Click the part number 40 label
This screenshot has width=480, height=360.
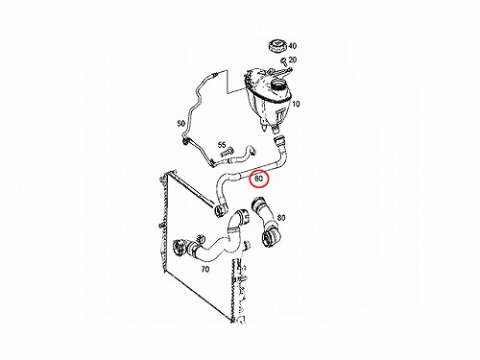point(292,46)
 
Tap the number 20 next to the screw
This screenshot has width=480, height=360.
point(293,60)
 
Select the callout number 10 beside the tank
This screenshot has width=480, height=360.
point(296,104)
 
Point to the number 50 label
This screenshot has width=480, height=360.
point(181,123)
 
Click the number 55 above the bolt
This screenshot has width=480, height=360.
point(222,145)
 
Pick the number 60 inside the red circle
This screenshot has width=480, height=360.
point(258,179)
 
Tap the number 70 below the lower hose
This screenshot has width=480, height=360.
point(205,269)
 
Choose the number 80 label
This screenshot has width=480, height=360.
point(281,218)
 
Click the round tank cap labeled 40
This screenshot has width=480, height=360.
point(277,45)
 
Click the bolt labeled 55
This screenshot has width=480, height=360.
point(228,154)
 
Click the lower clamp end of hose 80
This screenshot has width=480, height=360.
point(270,239)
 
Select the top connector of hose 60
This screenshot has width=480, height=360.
point(279,141)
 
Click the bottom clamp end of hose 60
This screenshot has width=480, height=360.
point(220,209)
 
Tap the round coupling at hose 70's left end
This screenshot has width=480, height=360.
point(178,248)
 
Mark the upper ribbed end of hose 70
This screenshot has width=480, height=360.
point(241,216)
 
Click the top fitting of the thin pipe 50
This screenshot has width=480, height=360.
point(213,75)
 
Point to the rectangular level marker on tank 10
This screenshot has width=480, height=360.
point(280,114)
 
